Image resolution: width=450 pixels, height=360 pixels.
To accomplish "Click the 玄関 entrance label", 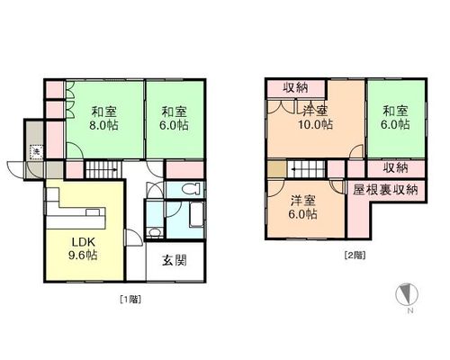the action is click(x=175, y=260).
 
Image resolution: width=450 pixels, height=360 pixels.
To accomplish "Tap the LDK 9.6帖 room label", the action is click(x=83, y=248).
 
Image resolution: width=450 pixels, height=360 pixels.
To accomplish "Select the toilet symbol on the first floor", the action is click(x=191, y=189).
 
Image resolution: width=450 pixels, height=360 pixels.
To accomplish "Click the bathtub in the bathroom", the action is click(x=196, y=214).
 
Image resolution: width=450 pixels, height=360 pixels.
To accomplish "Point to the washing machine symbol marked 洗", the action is click(x=36, y=152).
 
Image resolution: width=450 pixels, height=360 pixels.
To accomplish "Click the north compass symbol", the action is click(x=407, y=293).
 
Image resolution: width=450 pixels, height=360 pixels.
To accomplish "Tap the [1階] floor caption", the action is click(x=130, y=299).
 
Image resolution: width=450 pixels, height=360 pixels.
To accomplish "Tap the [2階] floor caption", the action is click(x=355, y=256).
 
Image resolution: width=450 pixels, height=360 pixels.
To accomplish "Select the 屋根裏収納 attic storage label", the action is click(x=385, y=190).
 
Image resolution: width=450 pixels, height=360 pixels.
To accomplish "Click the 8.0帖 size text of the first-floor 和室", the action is click(x=103, y=125).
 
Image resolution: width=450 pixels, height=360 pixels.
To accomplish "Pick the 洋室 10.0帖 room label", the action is click(x=315, y=117).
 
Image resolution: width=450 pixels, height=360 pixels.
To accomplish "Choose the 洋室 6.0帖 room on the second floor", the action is click(x=303, y=207).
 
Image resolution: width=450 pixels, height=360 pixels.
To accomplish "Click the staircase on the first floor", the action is click(x=103, y=170).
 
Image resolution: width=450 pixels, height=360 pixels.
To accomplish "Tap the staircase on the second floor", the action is click(x=307, y=169).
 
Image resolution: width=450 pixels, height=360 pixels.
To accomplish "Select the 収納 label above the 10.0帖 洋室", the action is click(x=296, y=87).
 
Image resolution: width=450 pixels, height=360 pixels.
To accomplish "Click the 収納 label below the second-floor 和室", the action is click(x=396, y=168).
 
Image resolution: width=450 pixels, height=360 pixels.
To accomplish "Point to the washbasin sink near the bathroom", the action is click(x=155, y=233).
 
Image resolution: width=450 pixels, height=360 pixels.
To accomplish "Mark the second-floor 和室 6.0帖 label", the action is click(x=395, y=117).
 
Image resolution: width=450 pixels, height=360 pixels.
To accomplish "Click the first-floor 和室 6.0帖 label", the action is click(x=174, y=118).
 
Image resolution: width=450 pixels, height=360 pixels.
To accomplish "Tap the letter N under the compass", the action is click(x=410, y=310).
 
